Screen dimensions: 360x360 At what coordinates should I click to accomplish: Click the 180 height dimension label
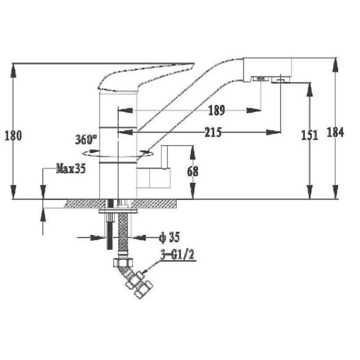pyautogui.click(x=13, y=135)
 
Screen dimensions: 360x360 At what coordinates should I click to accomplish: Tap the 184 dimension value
pyautogui.click(x=335, y=132)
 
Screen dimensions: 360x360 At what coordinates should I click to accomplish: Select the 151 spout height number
pyautogui.click(x=309, y=135)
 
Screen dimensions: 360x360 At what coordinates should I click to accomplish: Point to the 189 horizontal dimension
pyautogui.click(x=216, y=110)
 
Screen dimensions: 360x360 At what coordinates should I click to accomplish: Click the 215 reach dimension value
pyautogui.click(x=213, y=132)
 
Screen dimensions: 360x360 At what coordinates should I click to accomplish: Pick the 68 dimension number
pyautogui.click(x=192, y=171)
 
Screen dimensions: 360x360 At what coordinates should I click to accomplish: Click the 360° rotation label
pyautogui.click(x=86, y=139)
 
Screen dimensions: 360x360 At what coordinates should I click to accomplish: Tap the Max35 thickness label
pyautogui.click(x=70, y=169)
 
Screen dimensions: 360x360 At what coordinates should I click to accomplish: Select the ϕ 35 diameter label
pyautogui.click(x=169, y=237)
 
